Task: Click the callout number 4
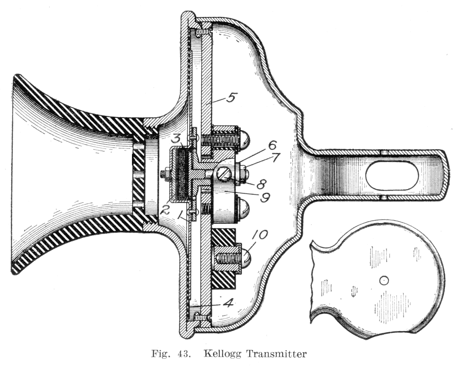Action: tap(227, 303)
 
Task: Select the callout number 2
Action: tap(165, 210)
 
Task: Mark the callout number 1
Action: tap(183, 215)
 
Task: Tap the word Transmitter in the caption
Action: tap(276, 354)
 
